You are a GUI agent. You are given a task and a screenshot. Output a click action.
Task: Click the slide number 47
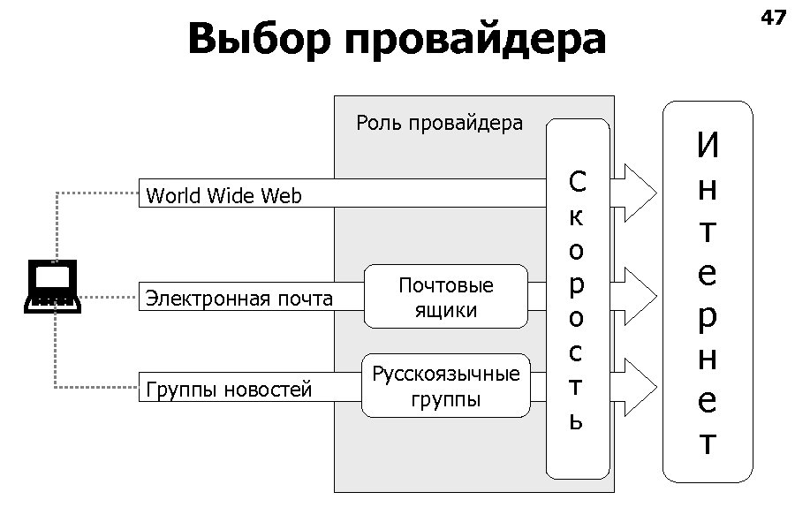772,17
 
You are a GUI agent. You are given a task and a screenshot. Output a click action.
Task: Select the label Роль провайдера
439,123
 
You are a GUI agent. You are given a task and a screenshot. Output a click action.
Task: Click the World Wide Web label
223,196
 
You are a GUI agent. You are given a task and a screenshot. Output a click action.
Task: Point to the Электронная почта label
238,299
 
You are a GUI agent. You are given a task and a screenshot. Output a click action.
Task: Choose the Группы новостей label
229,390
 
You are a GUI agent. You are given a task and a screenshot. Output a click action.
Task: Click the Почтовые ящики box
445,298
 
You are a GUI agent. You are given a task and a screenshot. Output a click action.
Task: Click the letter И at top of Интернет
708,147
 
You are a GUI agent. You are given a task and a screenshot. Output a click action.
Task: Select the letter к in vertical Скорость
576,216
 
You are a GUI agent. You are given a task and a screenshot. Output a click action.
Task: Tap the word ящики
446,310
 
